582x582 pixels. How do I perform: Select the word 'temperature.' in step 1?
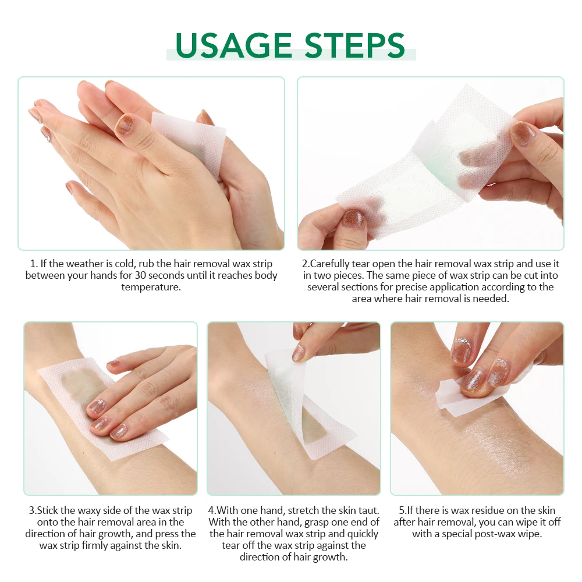coord(151,287)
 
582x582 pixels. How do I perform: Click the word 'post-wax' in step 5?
coord(494,534)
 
